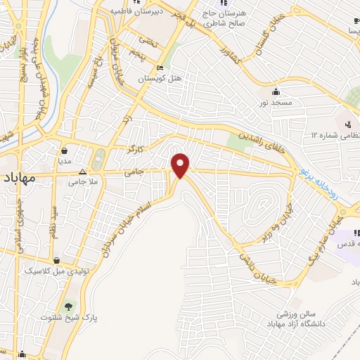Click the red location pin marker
tap(181, 165)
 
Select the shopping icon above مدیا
tap(65, 150)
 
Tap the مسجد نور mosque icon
tap(276, 91)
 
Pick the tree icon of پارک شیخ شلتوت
tap(68, 307)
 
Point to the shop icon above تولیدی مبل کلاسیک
tap(65, 259)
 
